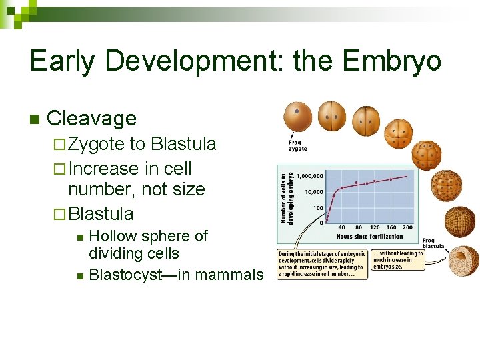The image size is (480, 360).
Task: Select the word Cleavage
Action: pos(92,119)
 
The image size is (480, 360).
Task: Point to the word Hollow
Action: pos(115,236)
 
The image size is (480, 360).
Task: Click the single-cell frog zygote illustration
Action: pos(297,116)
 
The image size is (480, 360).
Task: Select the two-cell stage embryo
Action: pos(331,116)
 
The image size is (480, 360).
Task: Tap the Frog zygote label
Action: pos(298,145)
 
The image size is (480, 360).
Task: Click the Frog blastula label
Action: pos(433,243)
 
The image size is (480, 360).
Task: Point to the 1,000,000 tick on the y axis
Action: pos(311,176)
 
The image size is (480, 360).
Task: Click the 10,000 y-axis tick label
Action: pos(314,192)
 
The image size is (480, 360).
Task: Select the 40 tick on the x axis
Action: pos(341,227)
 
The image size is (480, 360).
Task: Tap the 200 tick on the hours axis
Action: pos(407,227)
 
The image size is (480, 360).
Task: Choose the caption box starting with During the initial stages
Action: pos(321,264)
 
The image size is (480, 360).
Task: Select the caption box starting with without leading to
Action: pos(398,259)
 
